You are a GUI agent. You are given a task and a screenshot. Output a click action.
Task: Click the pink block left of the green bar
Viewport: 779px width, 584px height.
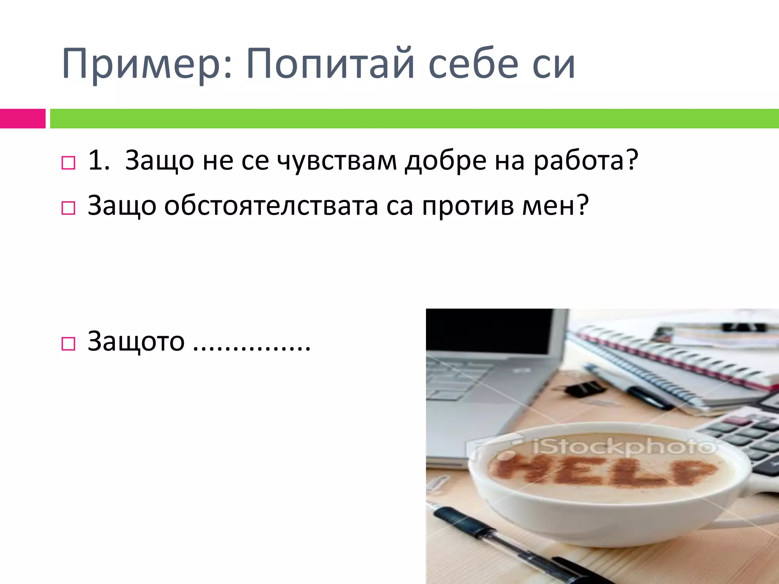22,119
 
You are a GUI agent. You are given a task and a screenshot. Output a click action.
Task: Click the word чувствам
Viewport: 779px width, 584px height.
337,161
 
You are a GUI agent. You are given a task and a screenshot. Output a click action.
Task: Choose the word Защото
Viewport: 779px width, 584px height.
136,341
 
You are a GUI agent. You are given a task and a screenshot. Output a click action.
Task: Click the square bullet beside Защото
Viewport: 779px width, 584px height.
68,344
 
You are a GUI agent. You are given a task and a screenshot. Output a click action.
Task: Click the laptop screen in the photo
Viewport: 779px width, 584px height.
494,331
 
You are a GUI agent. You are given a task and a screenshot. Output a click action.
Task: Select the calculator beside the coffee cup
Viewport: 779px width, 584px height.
746,437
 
